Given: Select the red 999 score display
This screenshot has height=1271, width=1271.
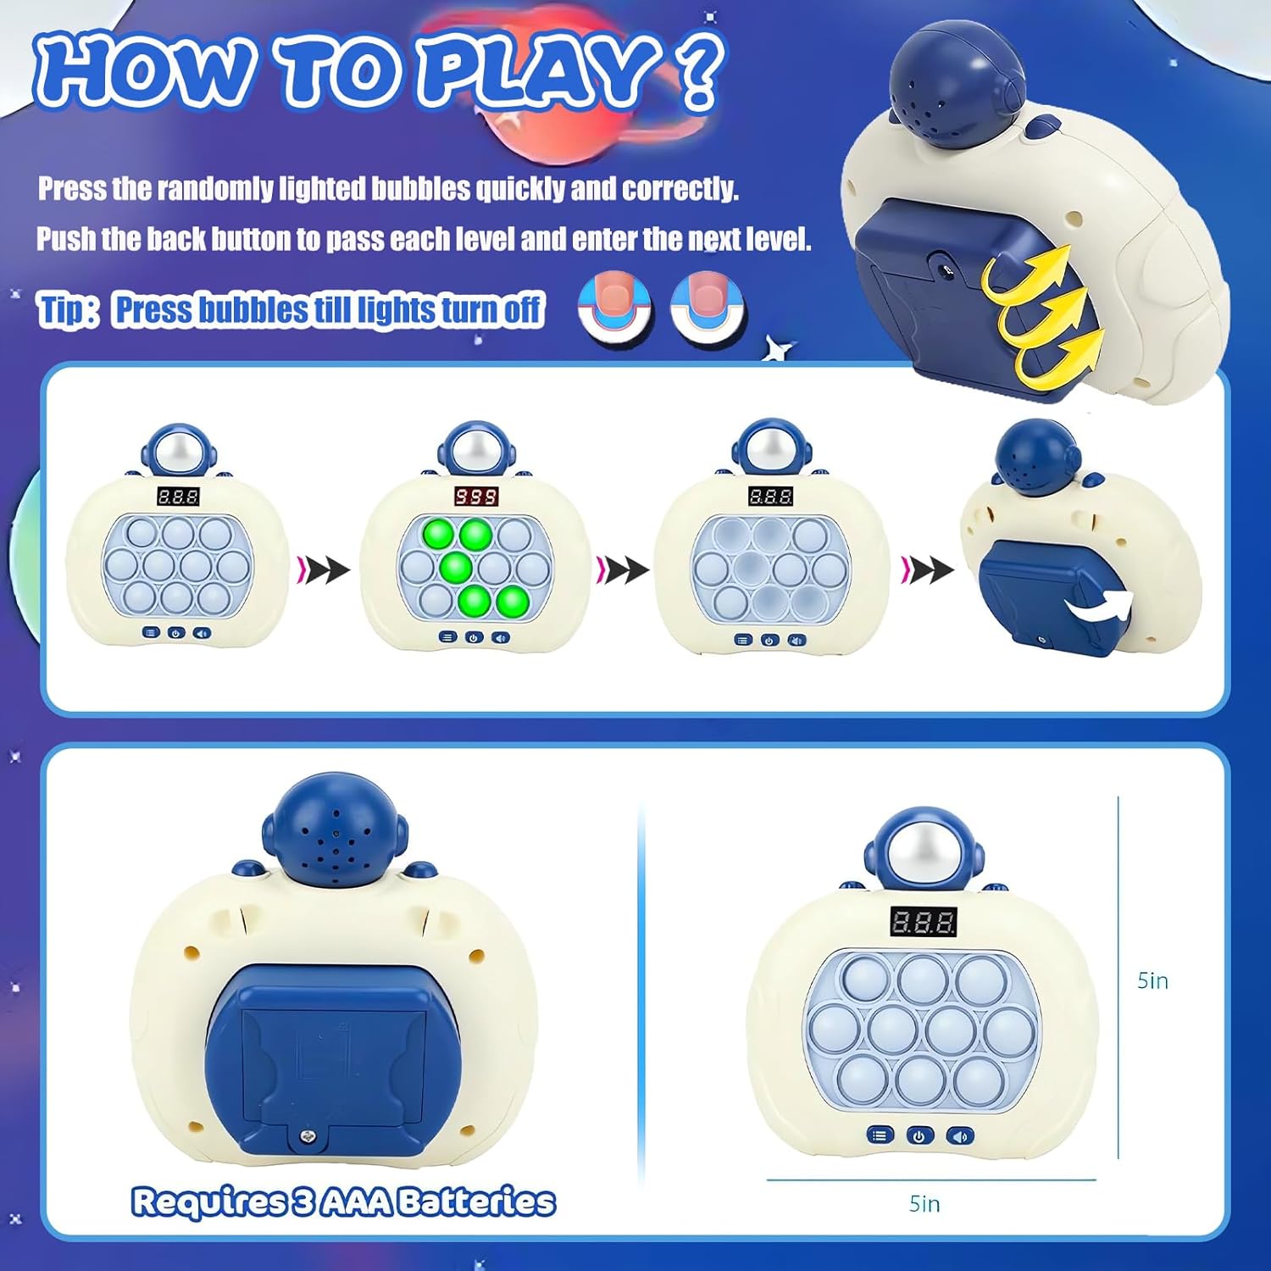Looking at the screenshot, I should tap(476, 496).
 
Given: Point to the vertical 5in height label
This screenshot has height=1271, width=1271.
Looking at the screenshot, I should tap(1152, 980).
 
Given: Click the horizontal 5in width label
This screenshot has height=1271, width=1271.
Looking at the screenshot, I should tap(924, 1203).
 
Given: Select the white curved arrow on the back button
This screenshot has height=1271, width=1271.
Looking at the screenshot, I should tap(1099, 605).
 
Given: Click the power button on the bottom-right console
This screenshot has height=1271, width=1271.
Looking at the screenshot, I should tap(919, 1135).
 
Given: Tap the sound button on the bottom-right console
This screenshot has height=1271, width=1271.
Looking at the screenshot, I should tap(960, 1135).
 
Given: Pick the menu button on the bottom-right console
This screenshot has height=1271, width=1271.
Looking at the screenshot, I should tap(880, 1135).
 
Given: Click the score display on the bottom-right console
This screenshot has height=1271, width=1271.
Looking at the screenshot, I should tap(924, 922).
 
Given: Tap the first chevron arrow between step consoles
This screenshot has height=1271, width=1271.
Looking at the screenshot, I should tap(323, 569).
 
